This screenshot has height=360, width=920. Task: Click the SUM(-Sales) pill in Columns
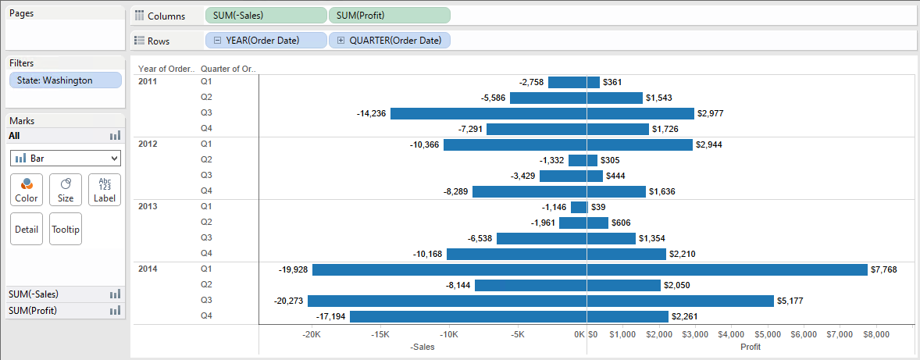(266, 16)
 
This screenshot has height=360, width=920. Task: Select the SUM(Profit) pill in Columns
(389, 16)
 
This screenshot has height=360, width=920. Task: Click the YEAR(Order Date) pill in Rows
(266, 41)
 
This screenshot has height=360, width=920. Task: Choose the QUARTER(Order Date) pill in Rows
(389, 41)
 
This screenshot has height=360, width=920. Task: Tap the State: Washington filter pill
(66, 80)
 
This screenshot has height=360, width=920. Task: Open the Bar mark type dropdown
(66, 159)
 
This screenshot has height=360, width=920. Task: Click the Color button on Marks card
(27, 190)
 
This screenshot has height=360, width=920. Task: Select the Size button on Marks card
(66, 190)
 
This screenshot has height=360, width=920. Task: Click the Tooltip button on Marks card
(66, 230)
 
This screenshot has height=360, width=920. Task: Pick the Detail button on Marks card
(27, 230)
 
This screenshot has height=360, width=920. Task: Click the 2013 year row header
(148, 206)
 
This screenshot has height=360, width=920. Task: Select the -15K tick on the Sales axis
(380, 334)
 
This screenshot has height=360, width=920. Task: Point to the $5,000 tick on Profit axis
(768, 334)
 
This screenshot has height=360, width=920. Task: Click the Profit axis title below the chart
(750, 347)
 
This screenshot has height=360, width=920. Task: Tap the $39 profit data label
(598, 207)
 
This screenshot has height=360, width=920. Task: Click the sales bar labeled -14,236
(488, 113)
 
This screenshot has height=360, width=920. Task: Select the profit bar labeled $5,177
(679, 301)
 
